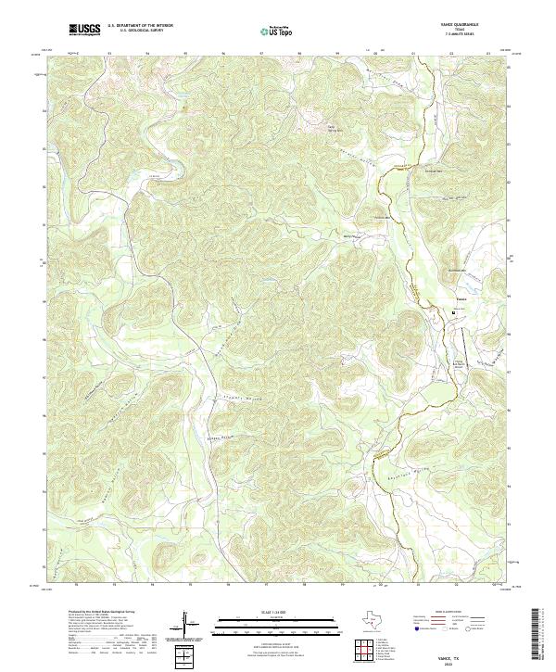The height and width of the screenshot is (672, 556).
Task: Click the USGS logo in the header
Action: coord(85,30)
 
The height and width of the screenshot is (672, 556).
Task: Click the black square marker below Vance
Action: coord(454,312)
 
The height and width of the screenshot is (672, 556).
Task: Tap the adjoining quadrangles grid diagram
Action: coord(371,650)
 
